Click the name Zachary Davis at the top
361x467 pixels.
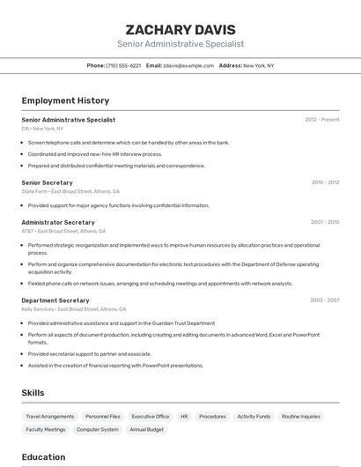tap(180, 29)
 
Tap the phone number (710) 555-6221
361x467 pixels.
tap(123, 65)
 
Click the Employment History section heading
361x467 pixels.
tap(65, 100)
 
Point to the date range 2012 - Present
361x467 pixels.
tap(322, 119)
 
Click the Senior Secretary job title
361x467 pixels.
tap(47, 182)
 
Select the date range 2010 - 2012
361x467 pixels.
tap(325, 182)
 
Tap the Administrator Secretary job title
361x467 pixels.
tap(58, 222)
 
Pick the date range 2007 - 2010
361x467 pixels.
tap(325, 222)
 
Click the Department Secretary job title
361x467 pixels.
tap(55, 300)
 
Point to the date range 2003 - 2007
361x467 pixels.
tap(325, 300)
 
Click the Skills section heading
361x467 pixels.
tap(33, 393)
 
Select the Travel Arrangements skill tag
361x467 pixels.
tap(50, 416)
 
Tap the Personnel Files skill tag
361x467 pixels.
tap(103, 416)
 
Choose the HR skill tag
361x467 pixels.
tap(184, 416)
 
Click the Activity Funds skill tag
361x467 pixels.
tap(254, 416)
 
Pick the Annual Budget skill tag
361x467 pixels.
tap(146, 429)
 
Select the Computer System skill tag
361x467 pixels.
tap(98, 429)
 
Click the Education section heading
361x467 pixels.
tap(43, 457)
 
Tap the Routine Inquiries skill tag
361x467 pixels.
tap(301, 416)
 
